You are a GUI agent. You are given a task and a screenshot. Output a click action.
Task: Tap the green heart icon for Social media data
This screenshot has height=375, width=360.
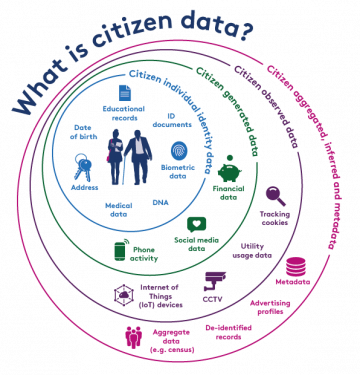(x=197, y=224)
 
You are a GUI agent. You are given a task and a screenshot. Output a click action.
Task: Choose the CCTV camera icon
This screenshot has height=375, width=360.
(x=212, y=279)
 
